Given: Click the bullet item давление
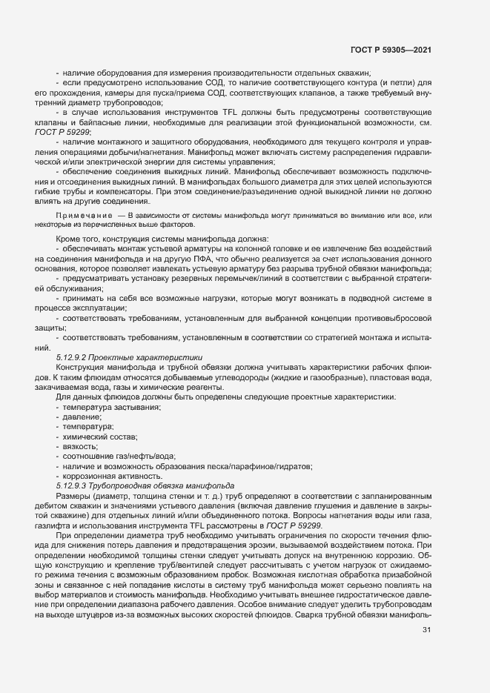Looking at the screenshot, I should [83, 417].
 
